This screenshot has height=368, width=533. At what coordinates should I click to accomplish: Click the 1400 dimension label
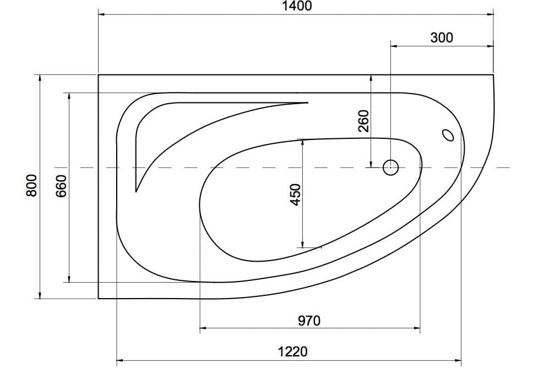297,6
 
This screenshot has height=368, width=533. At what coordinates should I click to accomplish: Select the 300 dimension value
442,37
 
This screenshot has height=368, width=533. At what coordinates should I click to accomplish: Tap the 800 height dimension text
31,185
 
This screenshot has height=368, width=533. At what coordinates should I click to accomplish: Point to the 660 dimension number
61,186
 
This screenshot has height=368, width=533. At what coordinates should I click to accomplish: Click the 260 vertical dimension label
363,121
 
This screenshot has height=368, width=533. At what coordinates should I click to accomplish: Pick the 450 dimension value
295,195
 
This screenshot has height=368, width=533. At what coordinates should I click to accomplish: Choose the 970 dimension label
309,321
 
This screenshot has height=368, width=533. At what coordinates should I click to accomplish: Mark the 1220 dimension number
293,351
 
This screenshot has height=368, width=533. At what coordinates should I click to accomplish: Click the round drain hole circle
390,167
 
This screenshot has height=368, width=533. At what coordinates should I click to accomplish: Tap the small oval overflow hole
448,135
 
